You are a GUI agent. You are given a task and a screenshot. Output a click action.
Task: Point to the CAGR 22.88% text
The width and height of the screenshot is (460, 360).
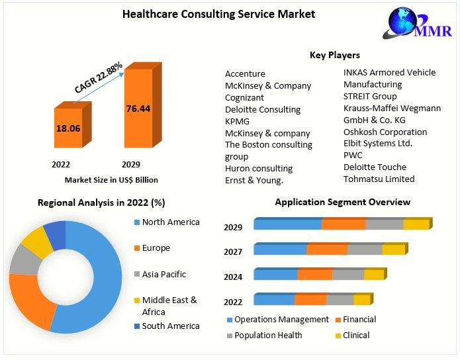(99, 77)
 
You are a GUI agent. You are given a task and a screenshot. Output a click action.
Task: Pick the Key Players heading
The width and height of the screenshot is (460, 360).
(335, 56)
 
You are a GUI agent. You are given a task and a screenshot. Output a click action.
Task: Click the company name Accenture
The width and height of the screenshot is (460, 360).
(245, 74)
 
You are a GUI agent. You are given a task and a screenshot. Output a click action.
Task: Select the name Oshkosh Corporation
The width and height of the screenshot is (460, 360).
(385, 132)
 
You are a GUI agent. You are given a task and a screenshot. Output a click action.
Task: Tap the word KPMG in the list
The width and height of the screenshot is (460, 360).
(238, 121)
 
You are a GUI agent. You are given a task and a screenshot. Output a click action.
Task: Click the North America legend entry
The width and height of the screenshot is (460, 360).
(170, 222)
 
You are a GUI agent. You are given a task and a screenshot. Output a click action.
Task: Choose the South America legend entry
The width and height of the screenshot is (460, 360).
(170, 326)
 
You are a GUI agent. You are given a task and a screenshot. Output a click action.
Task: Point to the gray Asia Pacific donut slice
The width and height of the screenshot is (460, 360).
(25, 261)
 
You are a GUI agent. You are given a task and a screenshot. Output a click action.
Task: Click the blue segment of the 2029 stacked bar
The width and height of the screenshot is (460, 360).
(288, 224)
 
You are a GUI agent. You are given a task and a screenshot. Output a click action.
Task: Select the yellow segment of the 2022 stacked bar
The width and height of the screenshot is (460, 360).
(361, 300)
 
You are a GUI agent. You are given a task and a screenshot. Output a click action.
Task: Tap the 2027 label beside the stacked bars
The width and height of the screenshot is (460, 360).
(233, 252)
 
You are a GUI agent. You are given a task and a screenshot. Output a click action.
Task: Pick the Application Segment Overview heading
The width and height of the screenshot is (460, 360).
(342, 202)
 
